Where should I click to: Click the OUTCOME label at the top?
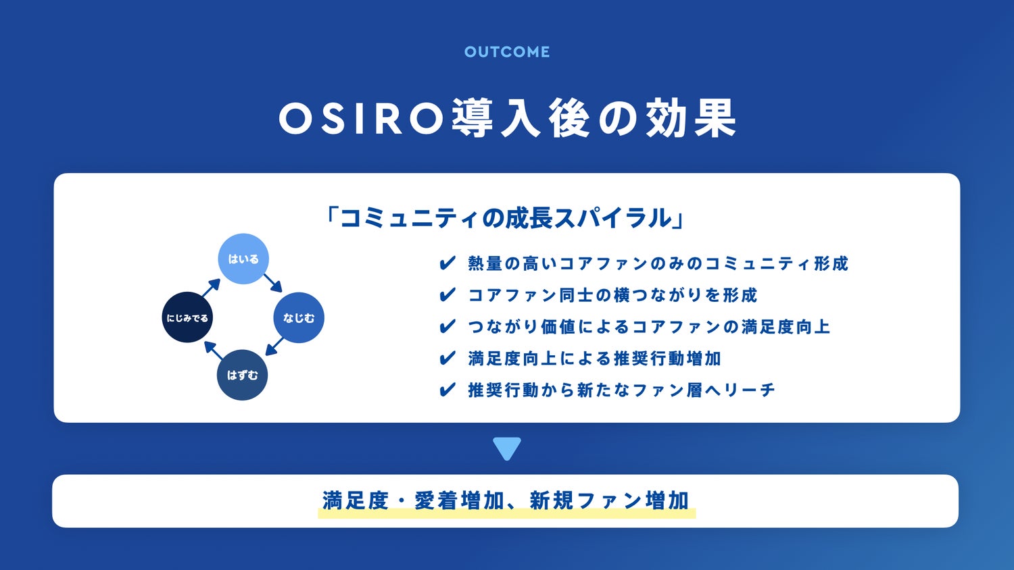(x=507, y=51)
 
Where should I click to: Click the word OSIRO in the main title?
(x=362, y=118)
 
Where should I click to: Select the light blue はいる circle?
(x=243, y=259)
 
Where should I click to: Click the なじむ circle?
(x=299, y=317)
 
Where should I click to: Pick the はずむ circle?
(x=242, y=375)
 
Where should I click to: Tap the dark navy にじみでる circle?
(x=187, y=317)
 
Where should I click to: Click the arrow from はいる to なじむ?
(x=273, y=283)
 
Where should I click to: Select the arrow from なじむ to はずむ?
(x=274, y=346)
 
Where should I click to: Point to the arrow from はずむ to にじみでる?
(x=213, y=351)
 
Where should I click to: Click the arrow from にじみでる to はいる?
(x=211, y=288)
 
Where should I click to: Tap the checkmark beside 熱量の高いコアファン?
(x=448, y=263)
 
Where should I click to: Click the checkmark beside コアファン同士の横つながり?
(x=448, y=295)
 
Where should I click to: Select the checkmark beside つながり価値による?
(x=448, y=327)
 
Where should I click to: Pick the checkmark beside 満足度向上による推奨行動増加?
(x=448, y=359)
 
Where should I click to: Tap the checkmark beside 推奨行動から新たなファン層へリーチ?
(x=448, y=390)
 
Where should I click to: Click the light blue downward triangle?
(x=507, y=448)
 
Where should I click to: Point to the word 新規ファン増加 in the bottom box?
(x=609, y=501)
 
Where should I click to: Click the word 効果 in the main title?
(x=691, y=118)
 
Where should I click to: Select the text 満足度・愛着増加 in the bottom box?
(x=413, y=501)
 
